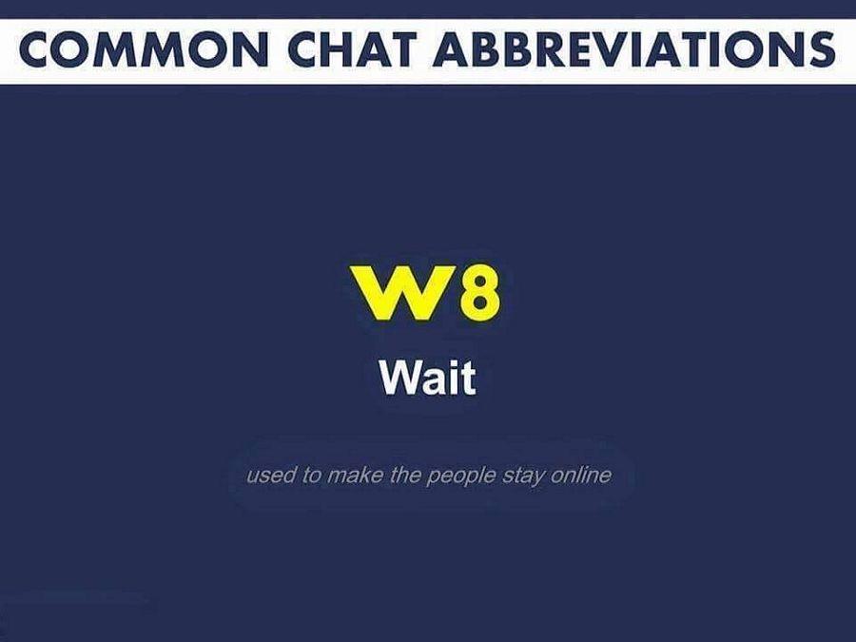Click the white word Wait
coord(428,378)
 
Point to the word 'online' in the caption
coord(581,475)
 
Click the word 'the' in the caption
coord(404,475)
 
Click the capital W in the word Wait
coord(401,378)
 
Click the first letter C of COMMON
coord(36,49)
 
